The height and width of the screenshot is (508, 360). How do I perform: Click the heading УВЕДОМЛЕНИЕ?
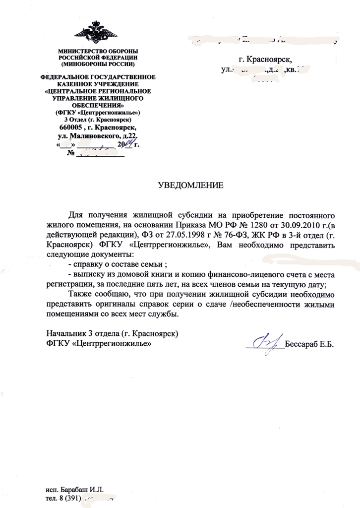click(x=190, y=186)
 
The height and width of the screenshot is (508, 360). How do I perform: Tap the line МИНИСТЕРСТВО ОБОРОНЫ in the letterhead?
click(x=98, y=52)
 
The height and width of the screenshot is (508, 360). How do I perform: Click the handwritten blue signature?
click(x=267, y=342)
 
